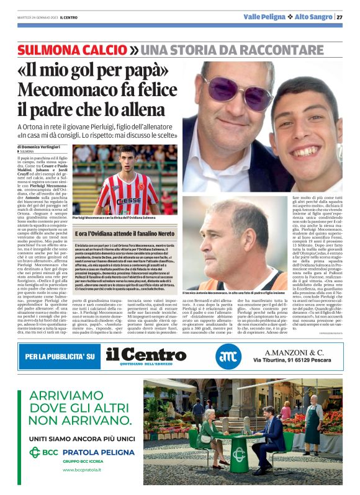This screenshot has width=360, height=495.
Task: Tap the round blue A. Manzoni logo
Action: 227,356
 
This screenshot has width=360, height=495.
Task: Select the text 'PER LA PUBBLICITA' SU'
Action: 60,357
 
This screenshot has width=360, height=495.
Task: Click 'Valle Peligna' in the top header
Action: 264,17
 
